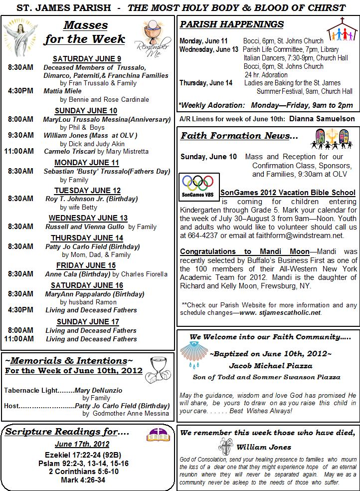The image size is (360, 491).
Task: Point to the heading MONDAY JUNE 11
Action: coord(87,163)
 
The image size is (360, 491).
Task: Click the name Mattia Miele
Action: coord(62,91)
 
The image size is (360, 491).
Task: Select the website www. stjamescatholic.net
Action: coord(280,313)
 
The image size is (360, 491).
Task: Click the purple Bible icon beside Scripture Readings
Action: coord(157,433)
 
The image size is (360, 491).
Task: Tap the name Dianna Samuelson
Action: coord(322,119)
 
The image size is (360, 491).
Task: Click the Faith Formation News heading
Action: coord(239,136)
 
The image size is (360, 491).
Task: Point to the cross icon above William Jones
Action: coord(223,445)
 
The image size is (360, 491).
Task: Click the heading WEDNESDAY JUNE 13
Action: coord(88,218)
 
